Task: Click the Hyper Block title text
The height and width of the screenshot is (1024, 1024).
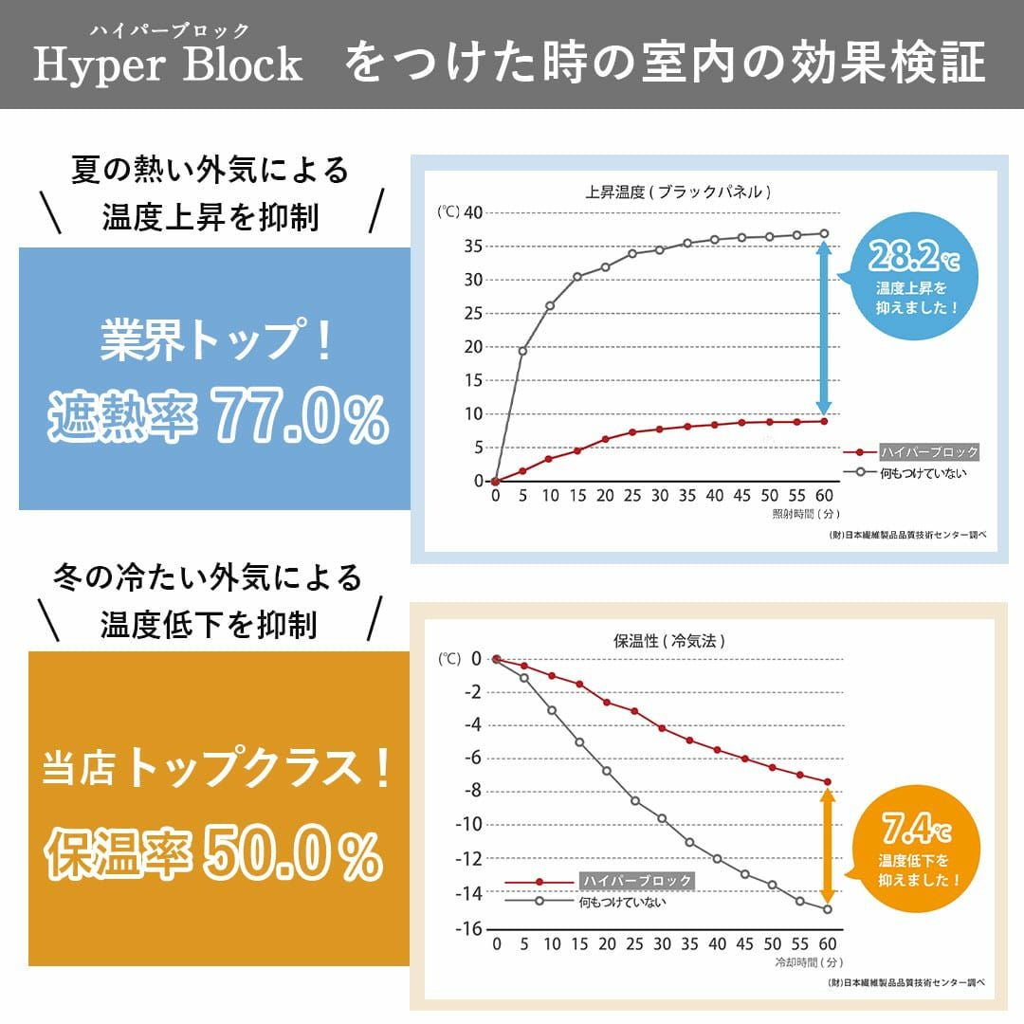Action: [x=168, y=64]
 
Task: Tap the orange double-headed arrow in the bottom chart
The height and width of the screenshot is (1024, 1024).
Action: [x=827, y=846]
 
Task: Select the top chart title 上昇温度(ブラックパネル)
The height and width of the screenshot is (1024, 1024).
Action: [x=678, y=192]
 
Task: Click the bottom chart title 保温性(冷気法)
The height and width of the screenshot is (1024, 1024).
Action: [x=669, y=641]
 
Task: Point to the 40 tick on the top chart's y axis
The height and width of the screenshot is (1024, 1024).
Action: [x=470, y=212]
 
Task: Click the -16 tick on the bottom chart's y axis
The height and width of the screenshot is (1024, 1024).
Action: [x=467, y=927]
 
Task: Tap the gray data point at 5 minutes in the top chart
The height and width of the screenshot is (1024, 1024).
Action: [x=522, y=351]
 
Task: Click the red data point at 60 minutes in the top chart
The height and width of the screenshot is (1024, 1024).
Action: [x=824, y=421]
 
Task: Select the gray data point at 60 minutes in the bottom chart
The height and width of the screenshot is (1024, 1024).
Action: [x=827, y=909]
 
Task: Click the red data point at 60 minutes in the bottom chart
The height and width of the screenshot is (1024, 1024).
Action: [x=827, y=782]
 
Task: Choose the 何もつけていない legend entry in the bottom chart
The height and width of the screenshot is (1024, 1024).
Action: [x=622, y=902]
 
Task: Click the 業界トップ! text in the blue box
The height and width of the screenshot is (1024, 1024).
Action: [x=217, y=341]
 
